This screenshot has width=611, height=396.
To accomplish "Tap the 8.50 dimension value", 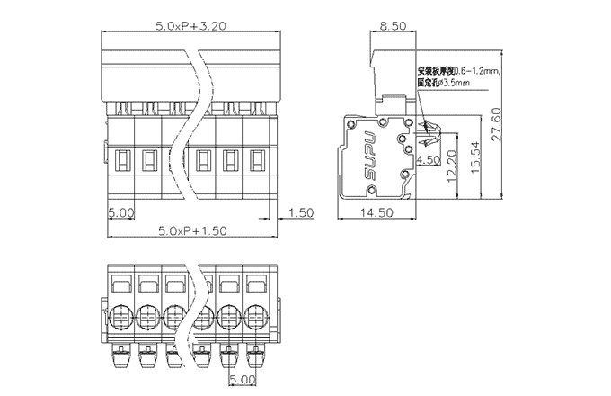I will point(392,27).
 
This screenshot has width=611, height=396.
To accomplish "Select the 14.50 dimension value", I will point(378,212).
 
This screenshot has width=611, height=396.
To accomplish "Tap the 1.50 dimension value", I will point(302,212).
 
